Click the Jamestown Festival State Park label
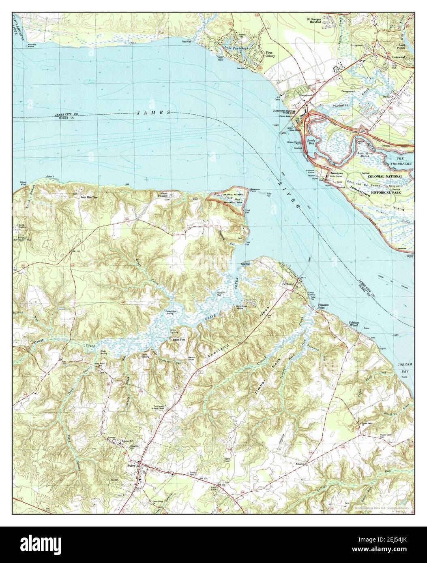coord(288,112)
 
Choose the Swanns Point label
coord(255,190)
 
